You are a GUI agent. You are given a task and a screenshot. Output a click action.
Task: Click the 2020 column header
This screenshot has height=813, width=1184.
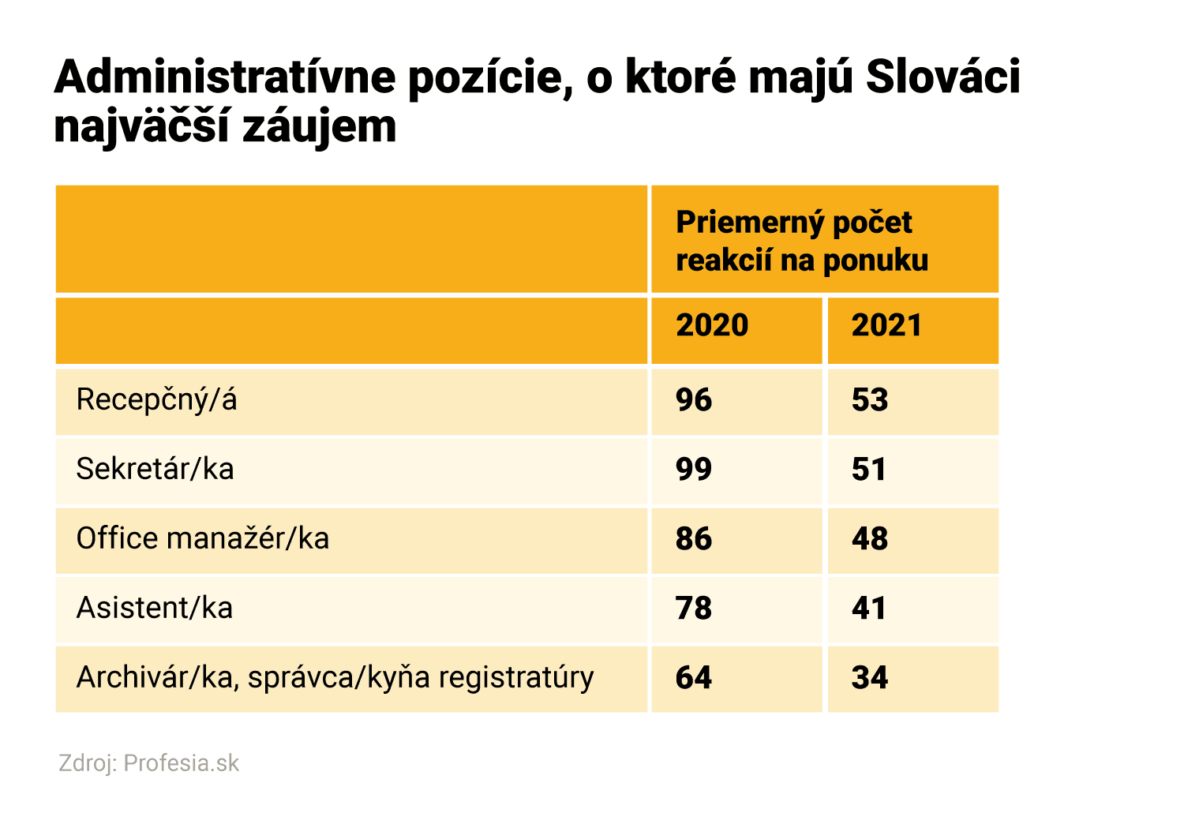click(712, 325)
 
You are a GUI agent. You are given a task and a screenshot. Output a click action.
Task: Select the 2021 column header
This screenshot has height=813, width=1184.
click(886, 325)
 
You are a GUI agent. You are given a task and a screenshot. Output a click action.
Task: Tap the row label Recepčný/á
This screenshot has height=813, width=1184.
click(156, 400)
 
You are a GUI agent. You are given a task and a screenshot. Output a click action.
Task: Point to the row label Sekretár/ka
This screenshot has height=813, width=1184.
click(155, 470)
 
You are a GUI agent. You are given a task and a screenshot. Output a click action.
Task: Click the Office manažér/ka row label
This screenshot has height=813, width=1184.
click(202, 539)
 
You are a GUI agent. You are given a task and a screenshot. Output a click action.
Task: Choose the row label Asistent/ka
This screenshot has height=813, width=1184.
click(154, 609)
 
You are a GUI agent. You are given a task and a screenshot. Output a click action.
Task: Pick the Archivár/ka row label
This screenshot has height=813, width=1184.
click(335, 678)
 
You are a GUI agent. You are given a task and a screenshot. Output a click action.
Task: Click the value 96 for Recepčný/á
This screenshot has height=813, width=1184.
click(694, 400)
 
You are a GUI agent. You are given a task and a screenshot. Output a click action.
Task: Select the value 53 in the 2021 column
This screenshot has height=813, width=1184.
click(870, 400)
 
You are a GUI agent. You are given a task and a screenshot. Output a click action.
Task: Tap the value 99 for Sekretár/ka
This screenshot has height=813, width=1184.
click(694, 470)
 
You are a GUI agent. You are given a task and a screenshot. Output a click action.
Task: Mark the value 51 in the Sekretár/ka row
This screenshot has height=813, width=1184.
click(869, 470)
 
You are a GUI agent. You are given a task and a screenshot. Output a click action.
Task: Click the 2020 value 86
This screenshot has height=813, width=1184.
click(694, 539)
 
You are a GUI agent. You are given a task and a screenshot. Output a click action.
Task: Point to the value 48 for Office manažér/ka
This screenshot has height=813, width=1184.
click(870, 539)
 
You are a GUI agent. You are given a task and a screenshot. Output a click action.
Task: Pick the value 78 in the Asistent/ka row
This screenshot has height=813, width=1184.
click(694, 609)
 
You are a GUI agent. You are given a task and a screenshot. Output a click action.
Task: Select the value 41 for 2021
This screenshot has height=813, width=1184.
click(869, 609)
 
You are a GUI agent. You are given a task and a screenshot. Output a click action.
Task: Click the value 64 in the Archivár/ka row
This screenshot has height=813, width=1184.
click(694, 678)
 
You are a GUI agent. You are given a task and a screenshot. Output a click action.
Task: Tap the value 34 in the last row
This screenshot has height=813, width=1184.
click(870, 678)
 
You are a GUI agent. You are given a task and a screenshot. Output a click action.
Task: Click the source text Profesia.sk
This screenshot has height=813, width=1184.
click(181, 763)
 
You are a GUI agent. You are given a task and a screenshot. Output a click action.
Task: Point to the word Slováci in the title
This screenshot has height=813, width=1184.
click(942, 77)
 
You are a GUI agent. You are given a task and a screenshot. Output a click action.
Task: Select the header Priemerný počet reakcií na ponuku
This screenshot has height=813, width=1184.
click(802, 241)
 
